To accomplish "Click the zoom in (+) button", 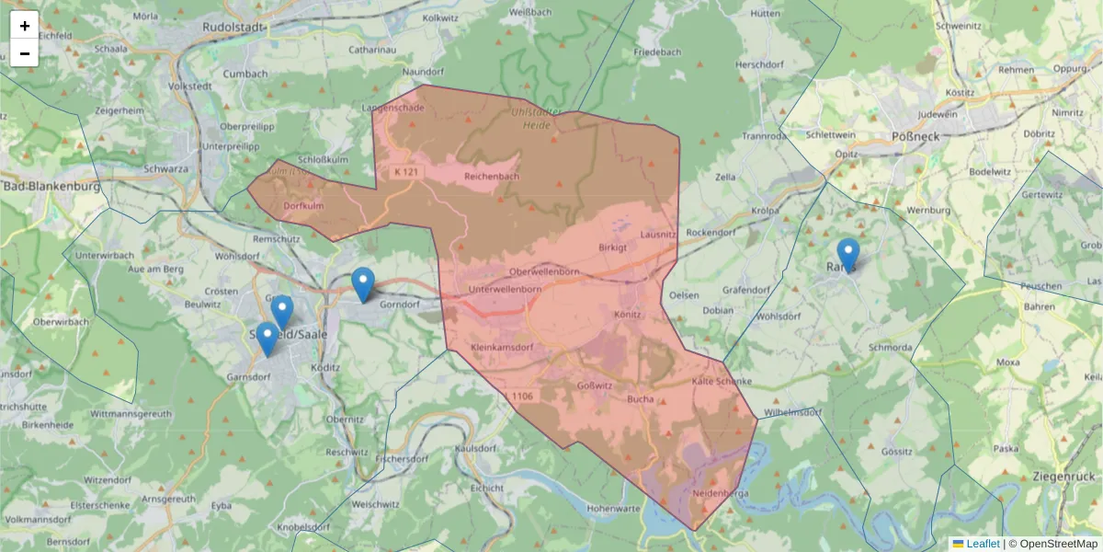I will (x=24, y=26).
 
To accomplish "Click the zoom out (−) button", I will (x=24, y=53).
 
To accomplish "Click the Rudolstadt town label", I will (x=234, y=28).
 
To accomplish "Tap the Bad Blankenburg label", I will (x=51, y=186).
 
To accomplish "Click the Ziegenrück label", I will (x=1064, y=477).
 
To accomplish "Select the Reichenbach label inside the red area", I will (x=492, y=177).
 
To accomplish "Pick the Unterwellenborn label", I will (x=504, y=289).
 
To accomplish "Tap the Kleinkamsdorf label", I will (x=502, y=349).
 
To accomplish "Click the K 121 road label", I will (x=405, y=172).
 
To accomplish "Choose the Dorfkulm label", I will (x=303, y=206).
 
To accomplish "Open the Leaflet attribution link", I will (x=983, y=544).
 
